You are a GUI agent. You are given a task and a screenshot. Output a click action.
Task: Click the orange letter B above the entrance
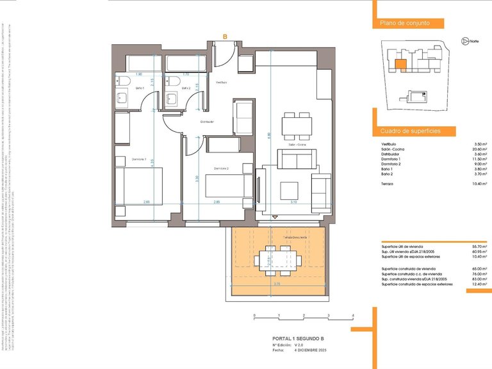225,37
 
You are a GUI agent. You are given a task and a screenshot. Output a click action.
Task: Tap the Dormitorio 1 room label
139,159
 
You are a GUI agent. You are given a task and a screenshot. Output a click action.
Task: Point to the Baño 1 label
140,88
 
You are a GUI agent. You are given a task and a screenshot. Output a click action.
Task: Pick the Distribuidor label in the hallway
206,121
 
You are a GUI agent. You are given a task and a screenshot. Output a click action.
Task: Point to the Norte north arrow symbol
465,41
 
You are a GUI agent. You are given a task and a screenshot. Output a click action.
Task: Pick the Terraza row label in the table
388,184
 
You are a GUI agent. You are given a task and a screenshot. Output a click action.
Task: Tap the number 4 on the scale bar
353,316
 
